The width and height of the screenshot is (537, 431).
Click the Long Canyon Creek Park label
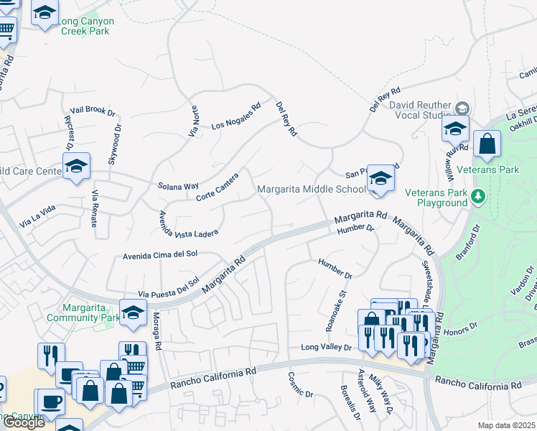tap(88, 26)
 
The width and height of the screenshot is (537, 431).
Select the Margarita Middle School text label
tap(312, 190)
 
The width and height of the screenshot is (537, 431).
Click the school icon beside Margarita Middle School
tap(380, 178)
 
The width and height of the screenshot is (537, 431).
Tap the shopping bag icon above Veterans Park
tap(487, 144)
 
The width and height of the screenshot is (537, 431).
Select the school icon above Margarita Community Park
tap(133, 312)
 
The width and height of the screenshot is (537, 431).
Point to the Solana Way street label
tap(178, 186)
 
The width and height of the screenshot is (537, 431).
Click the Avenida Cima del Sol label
tap(159, 254)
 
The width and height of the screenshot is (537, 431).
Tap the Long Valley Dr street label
tap(326, 347)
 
